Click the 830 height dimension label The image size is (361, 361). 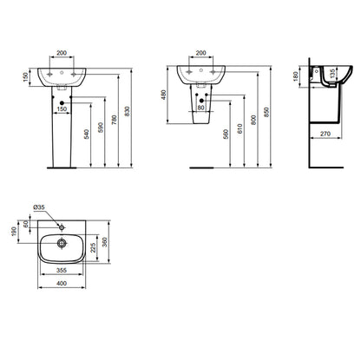(127, 112)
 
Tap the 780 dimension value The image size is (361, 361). (114, 120)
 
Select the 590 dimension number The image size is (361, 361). (100, 128)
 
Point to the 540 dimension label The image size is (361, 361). (87, 135)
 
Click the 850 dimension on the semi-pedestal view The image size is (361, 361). (266, 112)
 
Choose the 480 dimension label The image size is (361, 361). (164, 95)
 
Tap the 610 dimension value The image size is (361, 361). (240, 128)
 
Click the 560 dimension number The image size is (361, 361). (226, 134)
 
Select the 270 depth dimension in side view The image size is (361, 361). (325, 134)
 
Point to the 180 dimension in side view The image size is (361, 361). (295, 76)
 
